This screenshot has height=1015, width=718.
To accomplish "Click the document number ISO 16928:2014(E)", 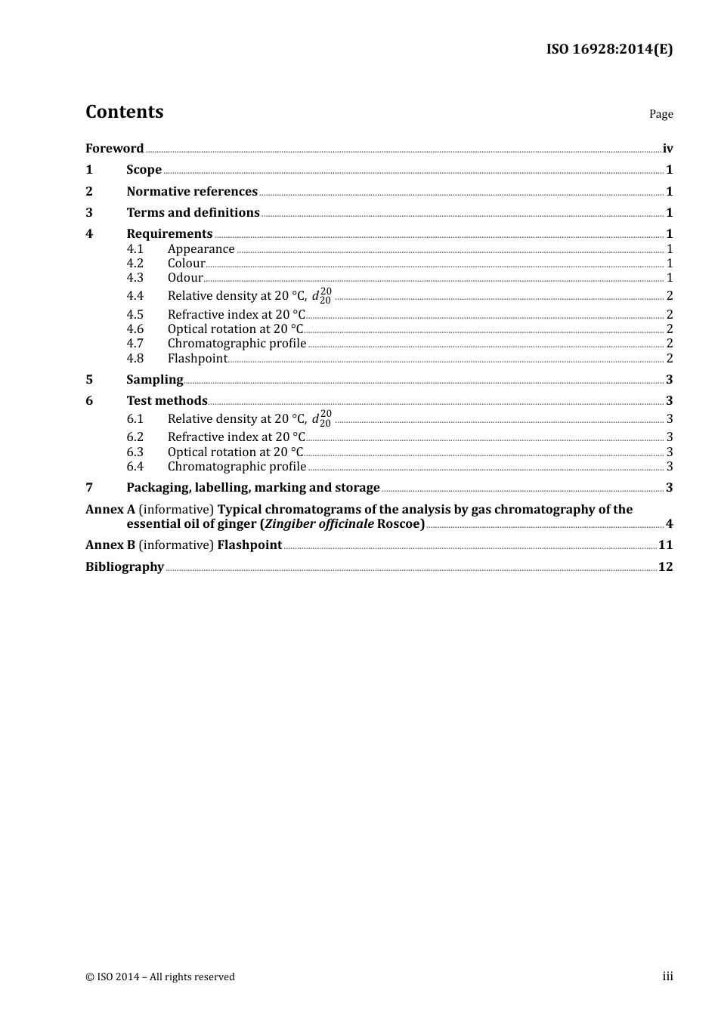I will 609,50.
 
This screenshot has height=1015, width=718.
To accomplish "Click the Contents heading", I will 124,112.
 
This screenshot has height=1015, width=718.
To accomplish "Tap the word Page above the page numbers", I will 661,114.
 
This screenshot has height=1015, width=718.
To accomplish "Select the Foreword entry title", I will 114,149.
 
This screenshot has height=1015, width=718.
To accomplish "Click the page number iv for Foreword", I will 667,149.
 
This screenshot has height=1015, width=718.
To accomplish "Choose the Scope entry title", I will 144,170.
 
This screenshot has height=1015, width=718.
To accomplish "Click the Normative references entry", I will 192,192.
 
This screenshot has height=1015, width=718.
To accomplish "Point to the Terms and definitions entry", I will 193,213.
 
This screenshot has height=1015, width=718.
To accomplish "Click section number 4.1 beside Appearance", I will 135,249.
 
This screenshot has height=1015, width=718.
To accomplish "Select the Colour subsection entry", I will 186,264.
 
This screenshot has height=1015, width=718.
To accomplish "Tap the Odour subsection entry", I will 185,278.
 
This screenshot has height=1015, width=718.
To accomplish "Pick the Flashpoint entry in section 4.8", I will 197,359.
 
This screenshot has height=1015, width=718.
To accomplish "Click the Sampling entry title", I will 154,380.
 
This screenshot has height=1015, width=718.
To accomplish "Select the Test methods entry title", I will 166,401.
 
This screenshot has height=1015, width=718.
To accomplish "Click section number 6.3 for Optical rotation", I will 135,452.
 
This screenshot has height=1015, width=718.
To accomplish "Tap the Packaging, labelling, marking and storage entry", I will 252,488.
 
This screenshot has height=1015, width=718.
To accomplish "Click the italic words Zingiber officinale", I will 318,524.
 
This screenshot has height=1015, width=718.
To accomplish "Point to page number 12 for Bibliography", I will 665,567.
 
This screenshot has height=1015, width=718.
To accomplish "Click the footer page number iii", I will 667,976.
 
